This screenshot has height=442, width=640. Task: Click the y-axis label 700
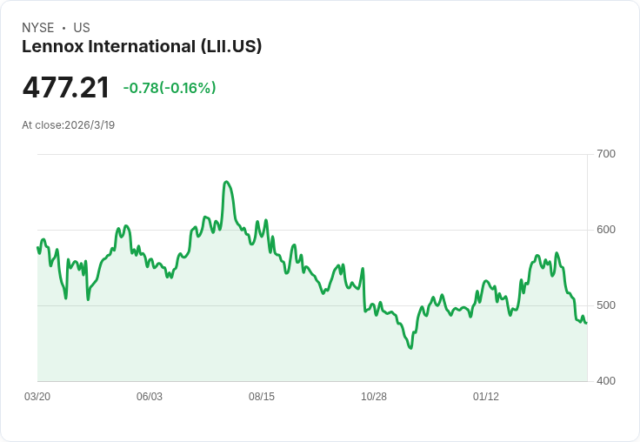[x=605, y=154]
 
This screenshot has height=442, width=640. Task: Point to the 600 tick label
[x=605, y=230]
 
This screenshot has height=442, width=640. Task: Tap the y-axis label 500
[x=605, y=305]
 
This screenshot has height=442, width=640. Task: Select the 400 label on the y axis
[x=605, y=381]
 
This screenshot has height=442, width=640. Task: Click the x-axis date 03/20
[x=37, y=397]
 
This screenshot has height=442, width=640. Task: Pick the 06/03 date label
[x=150, y=397]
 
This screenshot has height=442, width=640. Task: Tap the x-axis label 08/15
[x=262, y=397]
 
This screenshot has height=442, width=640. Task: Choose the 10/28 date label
[x=374, y=397]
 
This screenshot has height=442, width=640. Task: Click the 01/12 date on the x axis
[x=486, y=397]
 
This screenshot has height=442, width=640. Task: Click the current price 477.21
[x=66, y=88]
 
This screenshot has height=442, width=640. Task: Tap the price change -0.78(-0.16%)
[x=170, y=88]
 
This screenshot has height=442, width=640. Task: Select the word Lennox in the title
[x=50, y=46]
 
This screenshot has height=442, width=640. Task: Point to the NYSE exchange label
[x=37, y=28]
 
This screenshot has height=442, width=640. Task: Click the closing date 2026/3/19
[x=90, y=125]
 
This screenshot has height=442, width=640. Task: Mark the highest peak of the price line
[x=226, y=182]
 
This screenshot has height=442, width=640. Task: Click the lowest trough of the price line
[x=410, y=348]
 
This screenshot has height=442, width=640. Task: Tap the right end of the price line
[x=586, y=323]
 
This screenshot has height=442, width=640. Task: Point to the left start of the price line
[x=37, y=248]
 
